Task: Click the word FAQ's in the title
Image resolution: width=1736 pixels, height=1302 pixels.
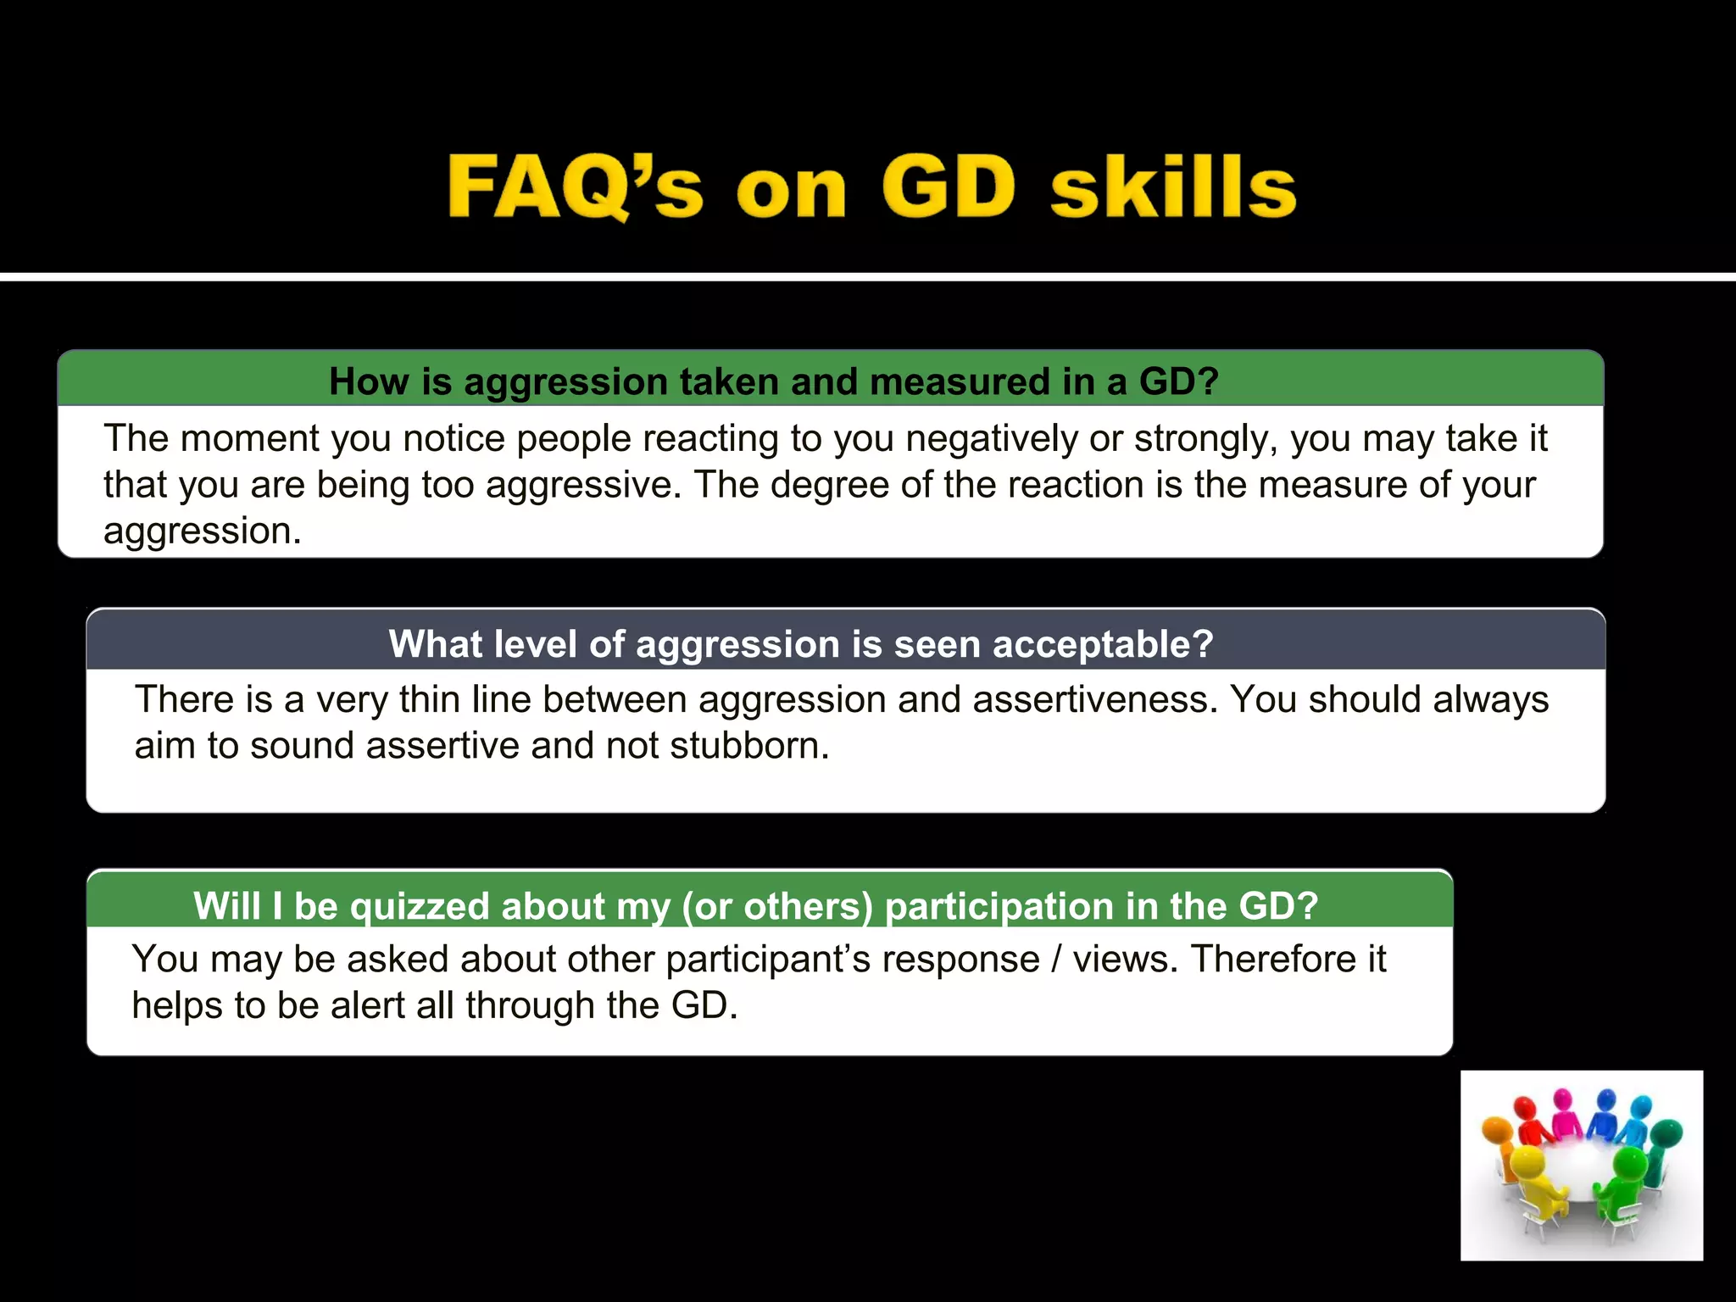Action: point(575,187)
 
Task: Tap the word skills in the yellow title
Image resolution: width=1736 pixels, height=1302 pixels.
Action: point(1173,187)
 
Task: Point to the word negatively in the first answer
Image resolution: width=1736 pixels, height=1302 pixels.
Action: point(993,439)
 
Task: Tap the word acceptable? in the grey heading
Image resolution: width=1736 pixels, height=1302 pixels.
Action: point(1103,644)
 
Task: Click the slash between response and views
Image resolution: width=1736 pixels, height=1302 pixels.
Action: point(1055,960)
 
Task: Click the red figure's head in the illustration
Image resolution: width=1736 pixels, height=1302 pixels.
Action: point(1525,1108)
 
